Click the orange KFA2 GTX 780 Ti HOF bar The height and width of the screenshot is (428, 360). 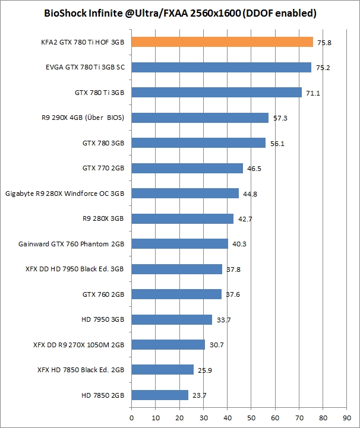coord(222,42)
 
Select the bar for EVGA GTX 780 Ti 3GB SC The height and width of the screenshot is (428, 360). coord(221,67)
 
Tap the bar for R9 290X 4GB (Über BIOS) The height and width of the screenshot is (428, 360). coord(200,118)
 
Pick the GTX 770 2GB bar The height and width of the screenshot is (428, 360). coord(187,168)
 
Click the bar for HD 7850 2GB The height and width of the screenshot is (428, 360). coord(160,395)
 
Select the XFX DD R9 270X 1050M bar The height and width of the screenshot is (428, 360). coord(168,344)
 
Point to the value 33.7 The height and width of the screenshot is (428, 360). coord(223,319)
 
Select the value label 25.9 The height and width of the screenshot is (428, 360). coord(204,370)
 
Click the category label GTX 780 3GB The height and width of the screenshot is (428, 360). coord(103,143)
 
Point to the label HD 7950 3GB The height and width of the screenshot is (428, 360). coord(103,319)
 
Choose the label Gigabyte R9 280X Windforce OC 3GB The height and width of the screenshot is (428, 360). coord(64,194)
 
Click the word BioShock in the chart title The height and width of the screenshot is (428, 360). coord(64,12)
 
